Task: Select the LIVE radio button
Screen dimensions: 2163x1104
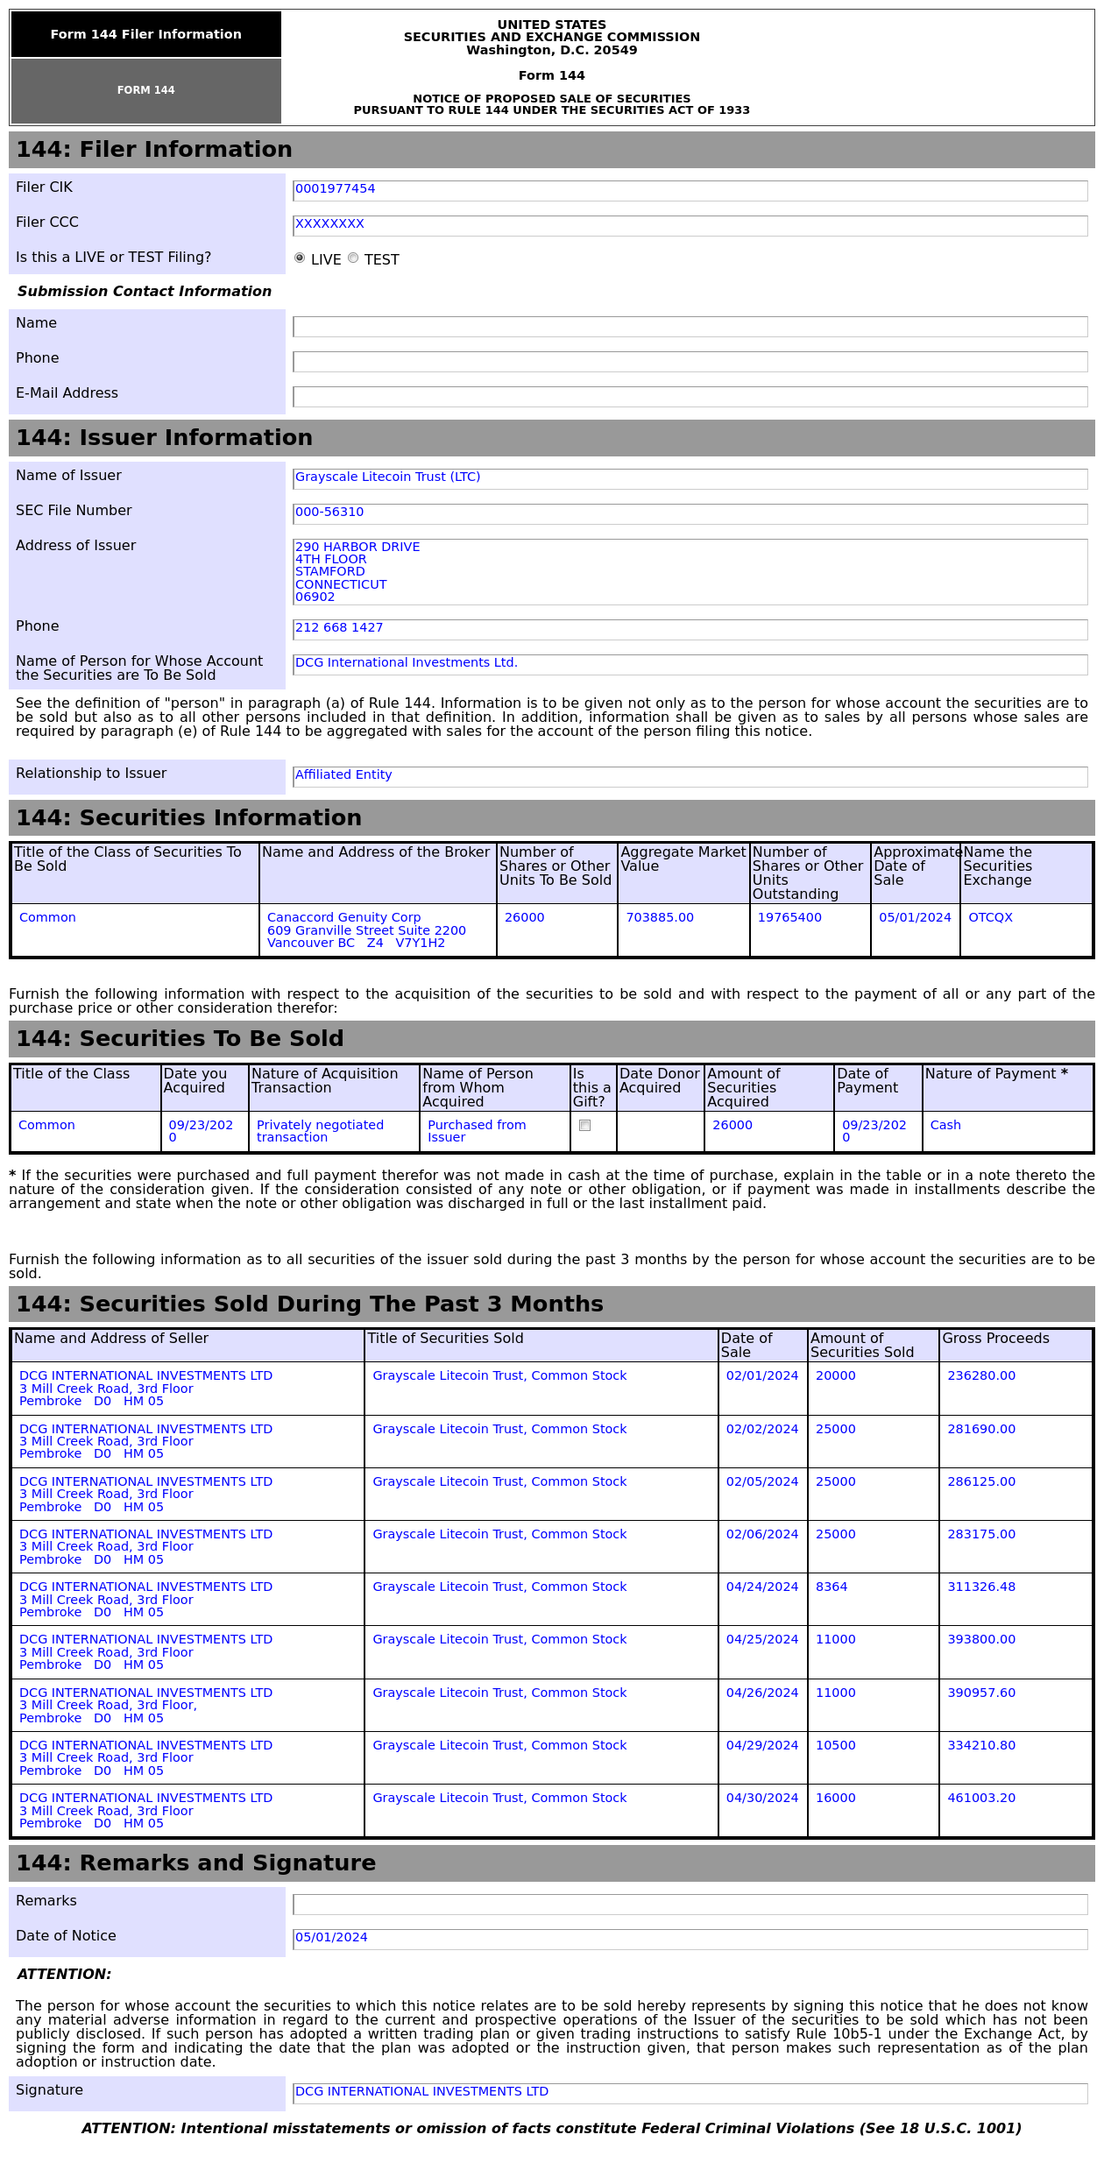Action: tap(300, 258)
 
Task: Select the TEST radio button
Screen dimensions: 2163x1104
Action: tap(353, 258)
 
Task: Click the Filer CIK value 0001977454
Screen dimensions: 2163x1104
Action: tap(336, 189)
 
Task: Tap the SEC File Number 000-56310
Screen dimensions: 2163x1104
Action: tap(329, 512)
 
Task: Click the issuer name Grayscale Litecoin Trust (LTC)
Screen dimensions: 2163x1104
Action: tap(387, 477)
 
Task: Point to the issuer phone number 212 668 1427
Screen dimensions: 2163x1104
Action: tap(339, 628)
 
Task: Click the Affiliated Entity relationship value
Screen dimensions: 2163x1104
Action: tap(343, 775)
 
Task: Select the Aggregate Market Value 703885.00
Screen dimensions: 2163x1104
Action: tap(660, 918)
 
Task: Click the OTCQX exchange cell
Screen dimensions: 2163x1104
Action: tap(990, 918)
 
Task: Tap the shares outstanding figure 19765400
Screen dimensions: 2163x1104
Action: tap(789, 918)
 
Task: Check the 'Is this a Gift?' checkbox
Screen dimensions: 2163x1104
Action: tap(585, 1126)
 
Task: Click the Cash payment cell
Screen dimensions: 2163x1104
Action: tap(945, 1126)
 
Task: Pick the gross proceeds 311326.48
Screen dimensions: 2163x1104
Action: tap(981, 1587)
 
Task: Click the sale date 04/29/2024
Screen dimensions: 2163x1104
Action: tap(762, 1746)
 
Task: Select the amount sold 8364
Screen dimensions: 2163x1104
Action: tap(832, 1587)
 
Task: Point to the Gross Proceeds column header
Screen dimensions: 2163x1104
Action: tap(995, 1339)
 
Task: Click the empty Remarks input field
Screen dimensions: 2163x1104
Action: tap(690, 1905)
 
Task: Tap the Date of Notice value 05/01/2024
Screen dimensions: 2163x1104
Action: tap(331, 1938)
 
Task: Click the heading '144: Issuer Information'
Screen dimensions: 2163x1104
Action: tap(165, 438)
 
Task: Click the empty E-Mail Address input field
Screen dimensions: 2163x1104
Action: tap(690, 397)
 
